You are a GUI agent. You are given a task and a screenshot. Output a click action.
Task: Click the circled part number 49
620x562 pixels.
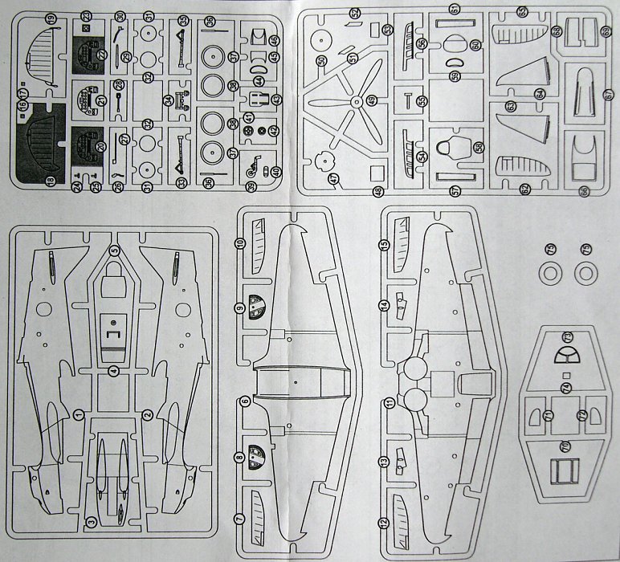point(372,99)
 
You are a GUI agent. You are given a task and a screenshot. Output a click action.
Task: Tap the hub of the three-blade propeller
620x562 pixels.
point(355,101)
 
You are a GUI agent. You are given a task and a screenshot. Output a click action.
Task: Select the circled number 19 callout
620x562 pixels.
point(51,17)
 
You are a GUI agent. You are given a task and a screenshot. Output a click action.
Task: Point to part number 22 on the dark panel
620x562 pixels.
point(87,16)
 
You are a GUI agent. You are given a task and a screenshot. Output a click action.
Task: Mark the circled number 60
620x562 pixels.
point(475,44)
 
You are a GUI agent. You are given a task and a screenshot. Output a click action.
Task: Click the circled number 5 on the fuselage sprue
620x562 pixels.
point(114,251)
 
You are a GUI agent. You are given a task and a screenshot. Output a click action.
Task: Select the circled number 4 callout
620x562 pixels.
point(115,371)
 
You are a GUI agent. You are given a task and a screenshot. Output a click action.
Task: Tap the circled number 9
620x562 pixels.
point(239,308)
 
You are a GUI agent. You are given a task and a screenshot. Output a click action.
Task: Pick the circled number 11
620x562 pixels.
point(386,401)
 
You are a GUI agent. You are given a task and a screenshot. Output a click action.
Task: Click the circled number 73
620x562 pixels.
point(566,335)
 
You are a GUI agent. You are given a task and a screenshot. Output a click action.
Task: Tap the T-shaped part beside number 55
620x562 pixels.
point(409,99)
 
